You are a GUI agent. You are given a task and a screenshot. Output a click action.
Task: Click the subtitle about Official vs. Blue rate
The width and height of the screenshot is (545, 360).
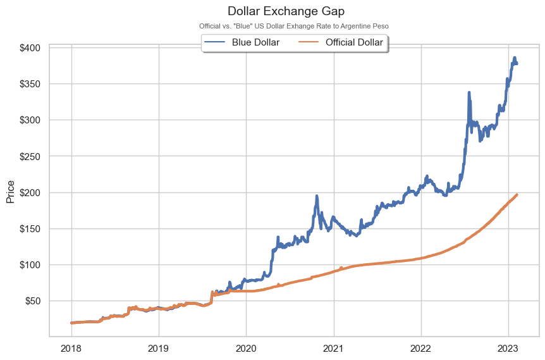coord(293,26)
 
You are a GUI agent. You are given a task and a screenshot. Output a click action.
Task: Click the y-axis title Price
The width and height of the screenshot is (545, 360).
coord(10,192)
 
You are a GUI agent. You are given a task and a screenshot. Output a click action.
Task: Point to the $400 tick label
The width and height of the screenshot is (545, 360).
coord(29,48)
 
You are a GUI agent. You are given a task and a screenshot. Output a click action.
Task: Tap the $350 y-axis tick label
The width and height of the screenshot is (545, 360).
coord(29,84)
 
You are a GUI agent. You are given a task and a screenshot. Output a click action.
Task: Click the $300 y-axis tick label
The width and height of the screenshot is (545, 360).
coord(29,120)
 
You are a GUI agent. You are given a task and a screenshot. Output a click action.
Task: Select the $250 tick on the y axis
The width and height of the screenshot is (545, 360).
coord(29,156)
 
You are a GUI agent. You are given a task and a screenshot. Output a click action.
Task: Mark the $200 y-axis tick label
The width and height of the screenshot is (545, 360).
coord(29,192)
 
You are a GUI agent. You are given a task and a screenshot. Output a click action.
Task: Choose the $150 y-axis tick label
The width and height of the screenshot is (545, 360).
coord(29,228)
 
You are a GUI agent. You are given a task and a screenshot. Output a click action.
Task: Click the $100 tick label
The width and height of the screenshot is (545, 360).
coord(29,264)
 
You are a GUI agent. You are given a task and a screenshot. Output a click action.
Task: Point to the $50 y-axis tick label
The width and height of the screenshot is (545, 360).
coord(32,301)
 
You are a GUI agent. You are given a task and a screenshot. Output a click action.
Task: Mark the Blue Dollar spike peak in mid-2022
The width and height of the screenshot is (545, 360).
coord(468,92)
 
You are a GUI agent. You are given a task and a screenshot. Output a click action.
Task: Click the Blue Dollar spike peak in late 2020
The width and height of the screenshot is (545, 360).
coord(316,196)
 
